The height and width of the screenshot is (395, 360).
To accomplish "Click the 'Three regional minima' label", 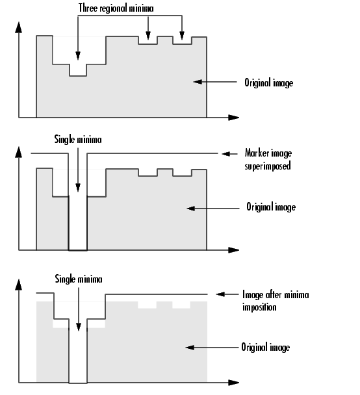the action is [x=116, y=8].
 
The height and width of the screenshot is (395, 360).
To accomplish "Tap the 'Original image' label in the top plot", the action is [x=269, y=83].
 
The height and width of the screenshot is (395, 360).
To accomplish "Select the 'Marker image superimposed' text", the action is [x=268, y=159].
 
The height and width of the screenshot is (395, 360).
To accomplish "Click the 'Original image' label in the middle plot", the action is [x=271, y=207].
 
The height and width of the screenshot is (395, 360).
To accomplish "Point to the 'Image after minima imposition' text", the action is [x=276, y=301].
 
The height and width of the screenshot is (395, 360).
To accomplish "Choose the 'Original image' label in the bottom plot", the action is [x=266, y=347].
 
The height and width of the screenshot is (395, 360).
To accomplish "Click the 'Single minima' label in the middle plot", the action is [x=78, y=139].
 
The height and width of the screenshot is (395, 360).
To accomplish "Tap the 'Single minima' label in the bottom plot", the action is [x=79, y=279].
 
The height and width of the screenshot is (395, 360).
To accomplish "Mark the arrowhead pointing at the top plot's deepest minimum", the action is [x=78, y=56].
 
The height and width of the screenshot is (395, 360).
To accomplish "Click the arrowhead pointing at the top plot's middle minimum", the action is [x=148, y=36].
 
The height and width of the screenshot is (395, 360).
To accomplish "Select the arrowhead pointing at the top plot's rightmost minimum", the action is [x=182, y=36].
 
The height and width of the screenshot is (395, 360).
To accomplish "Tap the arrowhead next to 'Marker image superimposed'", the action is [x=226, y=154].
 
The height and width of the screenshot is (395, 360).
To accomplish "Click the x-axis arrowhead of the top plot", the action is [x=233, y=118].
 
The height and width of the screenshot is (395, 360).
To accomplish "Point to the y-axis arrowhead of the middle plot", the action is [x=18, y=152].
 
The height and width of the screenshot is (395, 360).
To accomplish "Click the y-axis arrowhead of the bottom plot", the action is [x=18, y=285].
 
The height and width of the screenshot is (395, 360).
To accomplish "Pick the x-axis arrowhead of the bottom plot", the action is [x=233, y=383].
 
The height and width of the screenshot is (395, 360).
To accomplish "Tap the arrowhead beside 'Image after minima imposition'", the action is [x=220, y=294].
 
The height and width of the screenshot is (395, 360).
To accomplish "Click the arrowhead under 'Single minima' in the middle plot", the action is [x=78, y=188].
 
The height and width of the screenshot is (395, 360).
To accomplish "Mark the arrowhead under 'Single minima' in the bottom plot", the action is [x=79, y=327].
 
